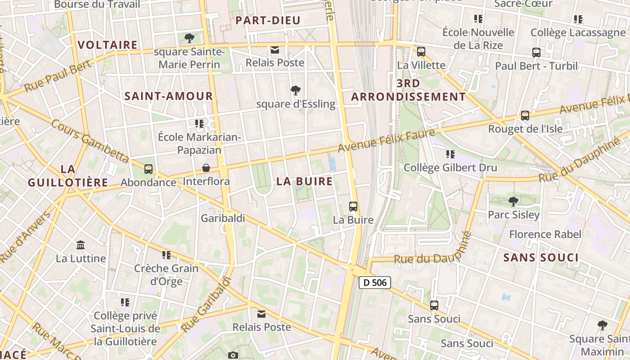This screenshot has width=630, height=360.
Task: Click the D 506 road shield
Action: [374, 283]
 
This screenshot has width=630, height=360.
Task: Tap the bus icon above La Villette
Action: [421, 52]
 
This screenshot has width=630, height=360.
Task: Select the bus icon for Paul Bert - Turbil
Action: [536, 53]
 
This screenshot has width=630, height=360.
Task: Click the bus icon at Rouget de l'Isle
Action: [525, 116]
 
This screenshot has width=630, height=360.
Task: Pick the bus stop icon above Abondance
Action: [148, 169]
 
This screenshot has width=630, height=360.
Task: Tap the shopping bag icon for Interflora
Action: [206, 168]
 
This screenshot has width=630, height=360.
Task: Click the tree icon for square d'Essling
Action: [295, 90]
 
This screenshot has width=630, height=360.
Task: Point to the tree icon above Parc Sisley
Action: [513, 201]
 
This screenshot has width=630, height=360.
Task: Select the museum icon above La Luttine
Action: [81, 245]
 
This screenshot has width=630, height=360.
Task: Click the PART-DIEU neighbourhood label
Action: [261, 20]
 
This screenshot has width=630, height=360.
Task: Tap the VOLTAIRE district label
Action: [108, 45]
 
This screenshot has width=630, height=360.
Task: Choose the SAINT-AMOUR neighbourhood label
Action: [169, 96]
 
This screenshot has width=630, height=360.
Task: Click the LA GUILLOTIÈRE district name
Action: [67, 175]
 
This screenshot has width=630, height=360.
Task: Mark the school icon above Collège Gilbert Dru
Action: [450, 154]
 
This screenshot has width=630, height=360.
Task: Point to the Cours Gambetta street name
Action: [90, 140]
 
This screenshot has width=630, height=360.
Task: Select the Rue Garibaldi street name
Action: [207, 305]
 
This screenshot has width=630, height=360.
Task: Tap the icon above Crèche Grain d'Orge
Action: [166, 255]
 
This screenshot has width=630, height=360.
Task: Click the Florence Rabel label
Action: [545, 234]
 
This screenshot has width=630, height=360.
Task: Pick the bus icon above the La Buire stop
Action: [353, 207]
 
